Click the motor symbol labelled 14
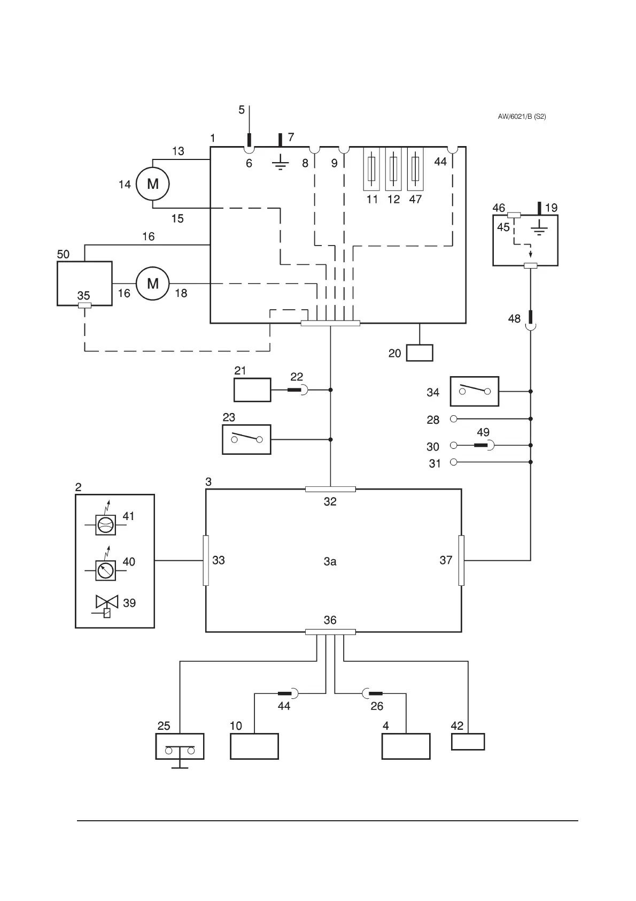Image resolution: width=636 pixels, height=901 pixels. [153, 184]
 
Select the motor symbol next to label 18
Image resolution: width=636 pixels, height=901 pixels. [153, 283]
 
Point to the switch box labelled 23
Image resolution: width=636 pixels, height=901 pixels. [246, 439]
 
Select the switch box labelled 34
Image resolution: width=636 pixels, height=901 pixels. [475, 391]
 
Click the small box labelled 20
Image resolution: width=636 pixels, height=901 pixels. [420, 353]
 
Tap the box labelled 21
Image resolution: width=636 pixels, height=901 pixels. [252, 390]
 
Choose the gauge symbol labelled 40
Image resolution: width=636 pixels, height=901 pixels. [106, 570]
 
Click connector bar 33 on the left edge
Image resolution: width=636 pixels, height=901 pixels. [206, 561]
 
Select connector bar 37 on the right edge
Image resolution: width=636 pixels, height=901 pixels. [462, 560]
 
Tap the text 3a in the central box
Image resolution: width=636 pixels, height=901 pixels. [330, 561]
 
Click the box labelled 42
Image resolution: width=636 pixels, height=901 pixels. [468, 742]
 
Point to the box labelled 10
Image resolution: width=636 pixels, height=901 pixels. [254, 746]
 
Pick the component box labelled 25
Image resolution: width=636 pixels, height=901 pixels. [180, 746]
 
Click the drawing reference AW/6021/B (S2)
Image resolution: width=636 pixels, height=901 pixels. [522, 117]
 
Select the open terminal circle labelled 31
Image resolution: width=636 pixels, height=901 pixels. [453, 462]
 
